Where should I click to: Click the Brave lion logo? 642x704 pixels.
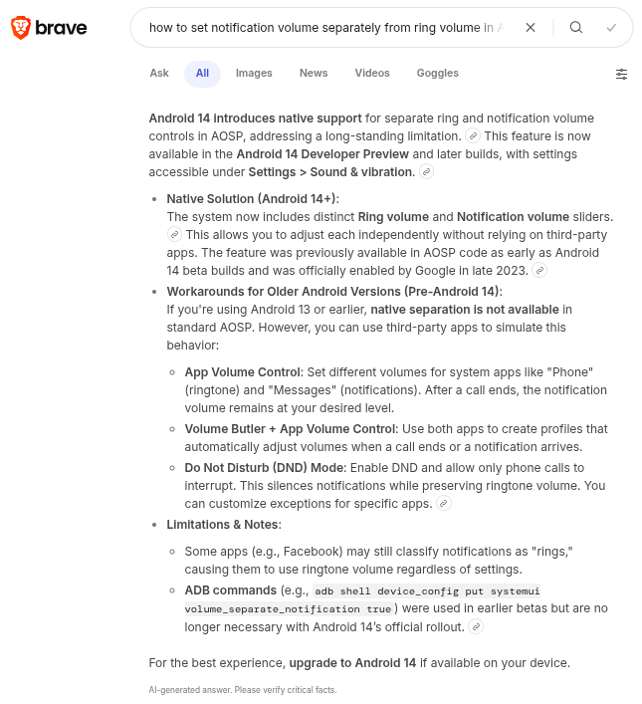(x=20, y=28)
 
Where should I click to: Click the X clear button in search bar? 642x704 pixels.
(x=531, y=28)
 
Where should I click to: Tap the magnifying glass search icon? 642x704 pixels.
(x=576, y=28)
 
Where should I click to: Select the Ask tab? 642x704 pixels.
(x=159, y=73)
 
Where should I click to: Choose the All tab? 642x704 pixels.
(x=202, y=73)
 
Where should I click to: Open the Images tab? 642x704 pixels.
(x=254, y=73)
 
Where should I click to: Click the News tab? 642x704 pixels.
(x=314, y=73)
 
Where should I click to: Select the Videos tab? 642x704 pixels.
(x=372, y=73)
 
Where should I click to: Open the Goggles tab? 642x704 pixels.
(x=438, y=73)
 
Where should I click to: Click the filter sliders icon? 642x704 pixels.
(x=621, y=74)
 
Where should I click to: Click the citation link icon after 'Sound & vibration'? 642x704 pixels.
(x=427, y=172)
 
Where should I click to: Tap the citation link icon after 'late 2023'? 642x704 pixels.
(x=539, y=270)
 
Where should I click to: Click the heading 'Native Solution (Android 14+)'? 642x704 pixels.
(x=252, y=199)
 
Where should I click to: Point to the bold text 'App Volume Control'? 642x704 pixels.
(x=242, y=371)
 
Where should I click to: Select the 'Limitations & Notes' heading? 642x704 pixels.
(x=223, y=524)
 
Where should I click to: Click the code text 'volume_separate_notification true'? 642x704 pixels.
(x=288, y=607)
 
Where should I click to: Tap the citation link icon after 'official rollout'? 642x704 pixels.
(x=477, y=626)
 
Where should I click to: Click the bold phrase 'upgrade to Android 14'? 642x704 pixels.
(x=355, y=662)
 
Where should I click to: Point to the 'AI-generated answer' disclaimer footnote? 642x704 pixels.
(x=243, y=689)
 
